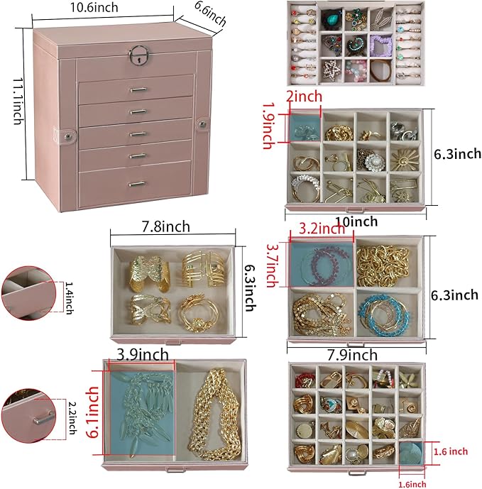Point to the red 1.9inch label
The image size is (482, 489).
[268, 125]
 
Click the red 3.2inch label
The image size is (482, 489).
[317, 229]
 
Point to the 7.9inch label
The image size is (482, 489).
[352, 354]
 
